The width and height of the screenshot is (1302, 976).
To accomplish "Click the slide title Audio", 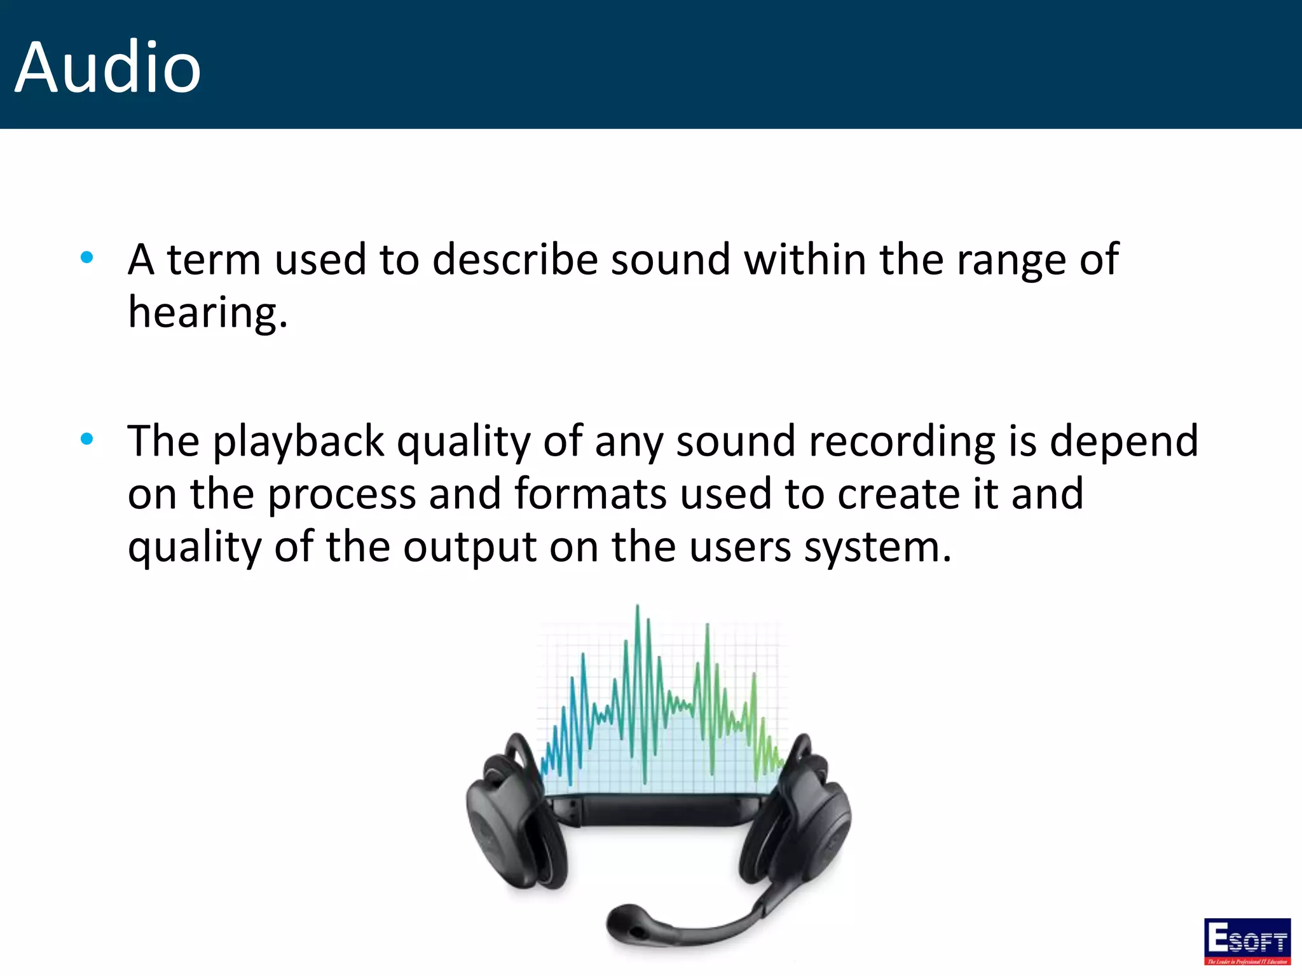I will pos(108,67).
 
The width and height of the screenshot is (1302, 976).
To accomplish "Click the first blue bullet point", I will pos(87,257).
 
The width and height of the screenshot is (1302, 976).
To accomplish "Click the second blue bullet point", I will pos(87,438).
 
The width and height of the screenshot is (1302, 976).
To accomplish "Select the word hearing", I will pos(207,313).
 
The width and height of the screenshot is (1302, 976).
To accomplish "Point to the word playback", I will pos(298,442).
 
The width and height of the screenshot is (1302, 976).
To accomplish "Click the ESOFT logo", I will pos(1247,941).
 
